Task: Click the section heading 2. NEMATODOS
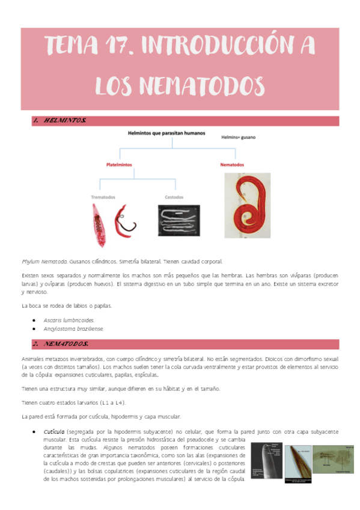pyautogui.click(x=61, y=344)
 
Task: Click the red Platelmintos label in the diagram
pyautogui.click(x=119, y=164)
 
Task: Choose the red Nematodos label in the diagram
pyautogui.click(x=231, y=164)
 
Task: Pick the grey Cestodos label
pyautogui.click(x=174, y=197)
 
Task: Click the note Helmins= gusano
pyautogui.click(x=239, y=138)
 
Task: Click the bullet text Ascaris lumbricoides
pyautogui.click(x=69, y=320)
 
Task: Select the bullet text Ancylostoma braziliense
pyautogui.click(x=73, y=329)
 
